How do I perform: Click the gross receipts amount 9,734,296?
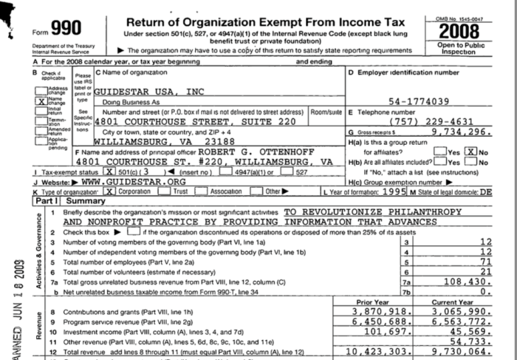[470, 131]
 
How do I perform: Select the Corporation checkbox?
[109, 191]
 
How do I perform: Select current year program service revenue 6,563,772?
[472, 323]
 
